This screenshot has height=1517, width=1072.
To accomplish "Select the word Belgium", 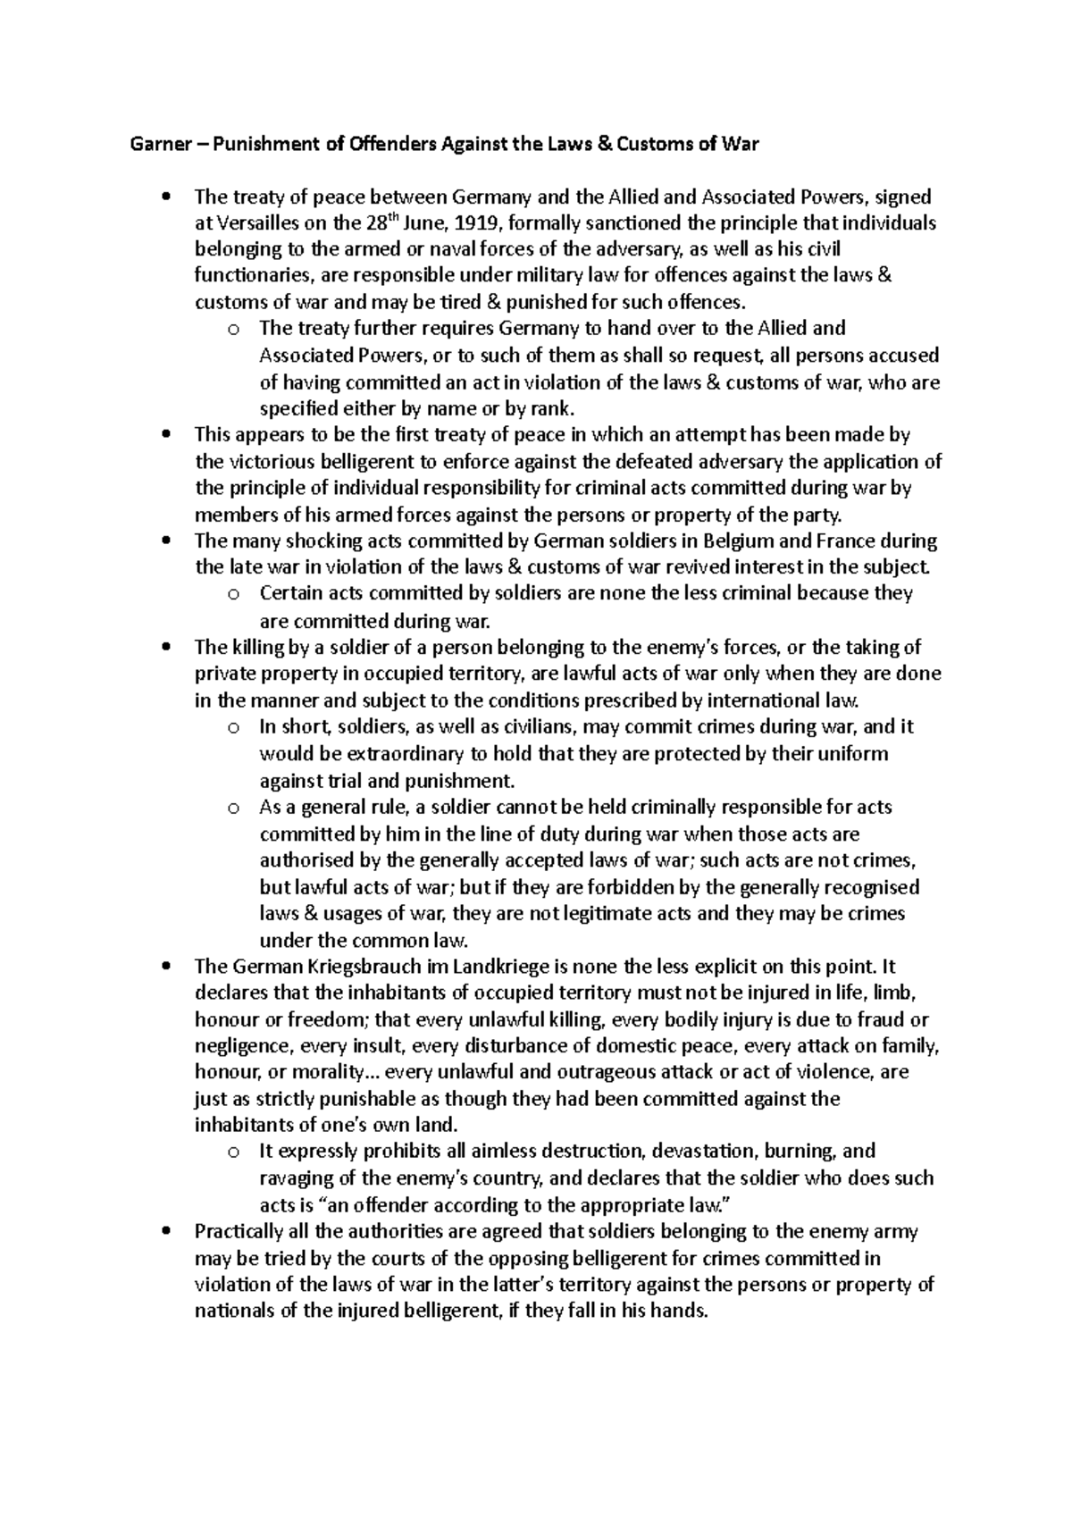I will (x=741, y=541).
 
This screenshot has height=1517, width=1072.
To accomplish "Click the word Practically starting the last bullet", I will (x=240, y=1232).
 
